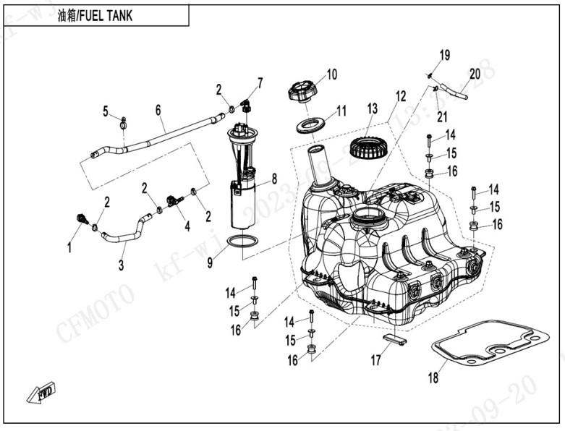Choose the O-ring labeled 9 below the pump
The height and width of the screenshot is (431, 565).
tap(241, 241)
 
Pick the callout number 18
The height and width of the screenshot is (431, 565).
tap(433, 378)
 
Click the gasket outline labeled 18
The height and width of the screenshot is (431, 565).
tap(489, 347)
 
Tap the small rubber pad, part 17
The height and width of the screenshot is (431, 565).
tap(394, 338)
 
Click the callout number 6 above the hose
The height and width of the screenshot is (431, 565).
tap(158, 110)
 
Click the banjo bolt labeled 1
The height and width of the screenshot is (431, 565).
tap(81, 218)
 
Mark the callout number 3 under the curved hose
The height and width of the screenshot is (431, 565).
tap(121, 265)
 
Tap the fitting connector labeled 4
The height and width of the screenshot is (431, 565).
tap(174, 200)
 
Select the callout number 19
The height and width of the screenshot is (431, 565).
tap(445, 55)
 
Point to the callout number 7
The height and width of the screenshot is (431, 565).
tap(260, 82)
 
